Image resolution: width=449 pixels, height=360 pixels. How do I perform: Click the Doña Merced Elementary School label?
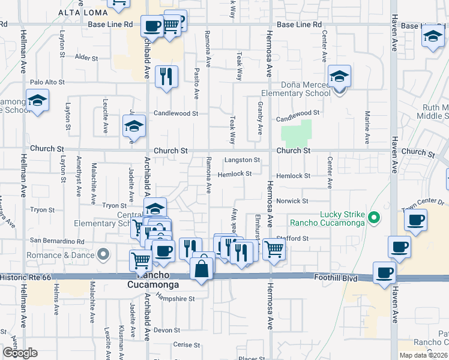(295, 89)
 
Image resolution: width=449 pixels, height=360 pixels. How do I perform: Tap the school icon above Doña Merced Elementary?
(339, 77)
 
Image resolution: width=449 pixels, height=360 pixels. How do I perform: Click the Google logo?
(19, 353)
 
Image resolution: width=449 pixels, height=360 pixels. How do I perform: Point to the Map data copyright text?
(423, 355)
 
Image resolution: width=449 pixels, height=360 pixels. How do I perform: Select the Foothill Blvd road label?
(336, 278)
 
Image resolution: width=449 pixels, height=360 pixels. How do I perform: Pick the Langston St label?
(242, 160)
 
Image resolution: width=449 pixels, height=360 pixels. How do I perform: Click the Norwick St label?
(292, 201)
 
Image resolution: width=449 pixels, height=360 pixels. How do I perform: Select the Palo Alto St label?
(47, 82)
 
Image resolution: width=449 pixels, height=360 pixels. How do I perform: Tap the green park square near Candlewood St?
(297, 132)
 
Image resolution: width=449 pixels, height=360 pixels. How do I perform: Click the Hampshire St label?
(175, 298)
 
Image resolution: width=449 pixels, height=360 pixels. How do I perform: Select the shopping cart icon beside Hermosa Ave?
(274, 249)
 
